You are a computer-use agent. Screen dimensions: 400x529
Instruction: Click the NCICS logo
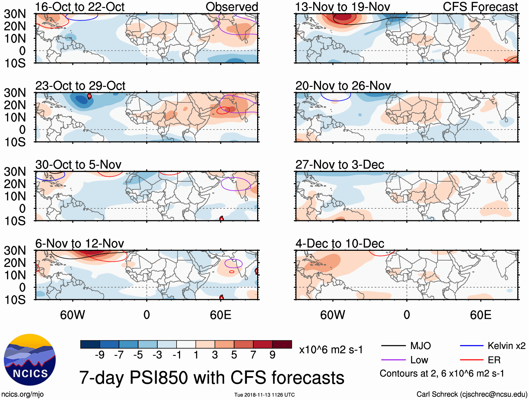point(30,360)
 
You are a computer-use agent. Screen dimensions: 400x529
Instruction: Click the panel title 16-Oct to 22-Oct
point(80,7)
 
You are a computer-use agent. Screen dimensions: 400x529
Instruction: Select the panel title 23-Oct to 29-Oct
point(80,86)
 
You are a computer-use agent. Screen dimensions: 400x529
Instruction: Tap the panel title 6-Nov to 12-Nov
point(80,243)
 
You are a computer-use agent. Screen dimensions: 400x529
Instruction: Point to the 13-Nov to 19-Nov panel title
point(342,7)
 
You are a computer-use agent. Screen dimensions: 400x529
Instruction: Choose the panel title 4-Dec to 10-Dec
point(340,243)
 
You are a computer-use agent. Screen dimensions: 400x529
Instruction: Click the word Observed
point(232,7)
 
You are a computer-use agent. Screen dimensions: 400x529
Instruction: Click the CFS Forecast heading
point(480,7)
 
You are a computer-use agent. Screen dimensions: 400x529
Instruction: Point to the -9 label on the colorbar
point(99,355)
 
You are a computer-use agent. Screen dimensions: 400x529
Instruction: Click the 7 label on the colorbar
point(253,355)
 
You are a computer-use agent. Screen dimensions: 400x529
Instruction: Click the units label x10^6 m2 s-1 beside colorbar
point(331,350)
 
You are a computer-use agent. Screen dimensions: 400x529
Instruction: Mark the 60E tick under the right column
point(480,315)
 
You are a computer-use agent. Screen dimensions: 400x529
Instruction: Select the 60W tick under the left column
point(73,315)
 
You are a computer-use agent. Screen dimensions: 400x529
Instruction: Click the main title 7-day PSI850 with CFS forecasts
point(212,378)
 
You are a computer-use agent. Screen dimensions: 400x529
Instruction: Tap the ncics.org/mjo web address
point(22,394)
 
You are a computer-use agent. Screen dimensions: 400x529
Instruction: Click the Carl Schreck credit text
point(472,394)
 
